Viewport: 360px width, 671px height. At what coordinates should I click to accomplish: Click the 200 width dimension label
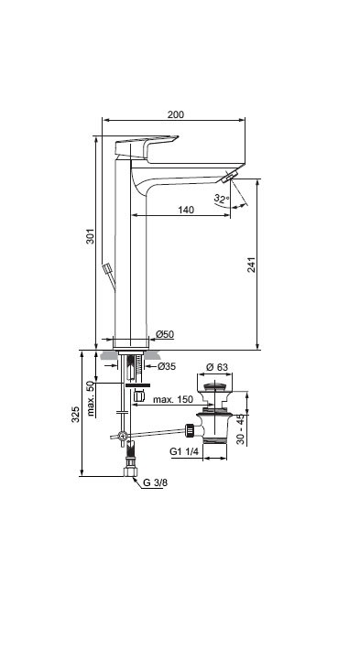[176, 114]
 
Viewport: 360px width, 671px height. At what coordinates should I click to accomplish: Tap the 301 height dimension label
[91, 236]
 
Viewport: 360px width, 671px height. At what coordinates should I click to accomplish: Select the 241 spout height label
[251, 265]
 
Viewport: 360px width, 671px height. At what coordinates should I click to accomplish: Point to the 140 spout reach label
[186, 210]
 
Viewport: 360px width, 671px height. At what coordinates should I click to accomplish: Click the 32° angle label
[222, 199]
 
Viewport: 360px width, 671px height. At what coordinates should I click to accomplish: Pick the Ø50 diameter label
[165, 334]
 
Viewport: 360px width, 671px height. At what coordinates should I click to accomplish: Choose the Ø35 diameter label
[167, 366]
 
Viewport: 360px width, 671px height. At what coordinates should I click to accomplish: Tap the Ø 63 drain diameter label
[217, 367]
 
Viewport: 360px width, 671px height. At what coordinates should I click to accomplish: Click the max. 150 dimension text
[173, 399]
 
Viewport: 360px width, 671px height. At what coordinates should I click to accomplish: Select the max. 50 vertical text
[91, 398]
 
